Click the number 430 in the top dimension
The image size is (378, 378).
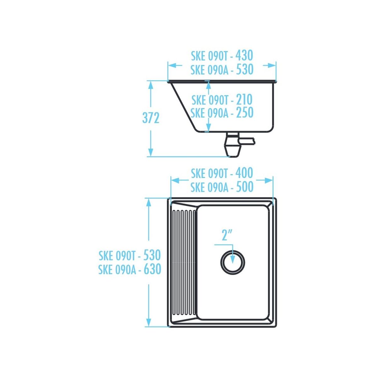(244, 55)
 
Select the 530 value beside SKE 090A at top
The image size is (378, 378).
(245, 70)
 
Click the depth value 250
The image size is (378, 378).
(244, 112)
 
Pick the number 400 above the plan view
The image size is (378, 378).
(244, 173)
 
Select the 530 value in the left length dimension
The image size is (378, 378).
(152, 255)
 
